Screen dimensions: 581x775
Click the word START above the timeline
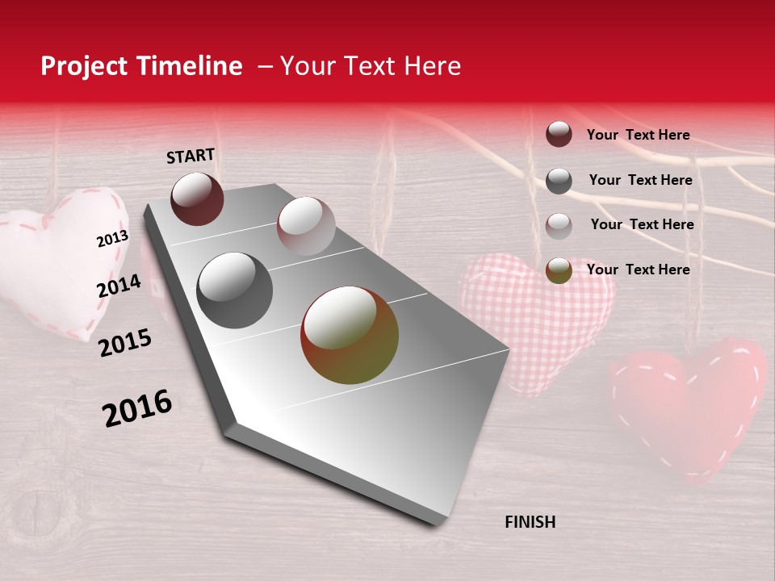point(191,156)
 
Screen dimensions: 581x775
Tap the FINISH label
point(530,522)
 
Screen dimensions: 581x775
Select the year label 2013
point(112,239)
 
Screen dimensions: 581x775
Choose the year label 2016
point(137,408)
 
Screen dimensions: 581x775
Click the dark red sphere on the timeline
point(197,199)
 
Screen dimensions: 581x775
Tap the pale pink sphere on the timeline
point(305,226)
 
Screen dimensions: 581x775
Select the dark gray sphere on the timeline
point(234,290)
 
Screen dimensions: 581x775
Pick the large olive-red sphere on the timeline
point(350,335)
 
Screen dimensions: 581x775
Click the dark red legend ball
point(559,135)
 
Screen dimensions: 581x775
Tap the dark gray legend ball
point(559,181)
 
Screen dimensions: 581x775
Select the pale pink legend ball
point(559,226)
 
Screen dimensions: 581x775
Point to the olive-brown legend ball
point(559,270)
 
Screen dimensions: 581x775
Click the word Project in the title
point(84,67)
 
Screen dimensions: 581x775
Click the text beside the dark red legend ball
point(638,135)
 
